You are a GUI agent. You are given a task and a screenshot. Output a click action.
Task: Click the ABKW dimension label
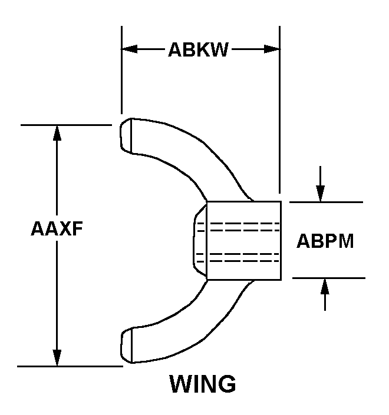tap(198, 49)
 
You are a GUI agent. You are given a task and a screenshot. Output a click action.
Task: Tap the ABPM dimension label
tap(325, 241)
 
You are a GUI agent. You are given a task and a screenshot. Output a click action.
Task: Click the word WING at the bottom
tap(203, 384)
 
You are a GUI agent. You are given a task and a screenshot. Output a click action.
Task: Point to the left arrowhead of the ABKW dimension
tap(129, 49)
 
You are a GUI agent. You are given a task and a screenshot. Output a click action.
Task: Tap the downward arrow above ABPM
tap(320, 192)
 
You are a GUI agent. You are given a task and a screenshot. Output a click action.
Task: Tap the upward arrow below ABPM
tap(324, 287)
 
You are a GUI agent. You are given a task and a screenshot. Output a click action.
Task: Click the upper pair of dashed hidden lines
tap(238, 227)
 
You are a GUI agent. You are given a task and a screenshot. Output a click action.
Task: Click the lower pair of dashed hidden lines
tap(238, 256)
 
